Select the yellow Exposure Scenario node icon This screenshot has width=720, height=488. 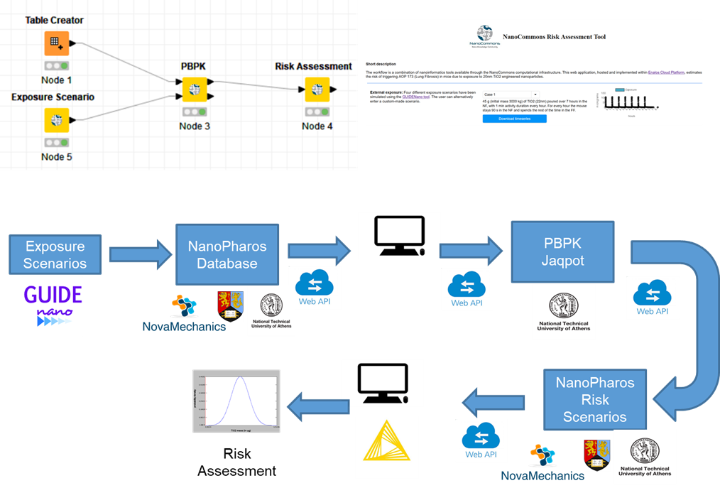point(56,120)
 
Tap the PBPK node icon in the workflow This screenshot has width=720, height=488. point(194,90)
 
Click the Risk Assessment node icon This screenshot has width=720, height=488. point(313,90)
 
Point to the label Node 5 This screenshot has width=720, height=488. point(56,156)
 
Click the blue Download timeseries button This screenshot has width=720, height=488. point(514,119)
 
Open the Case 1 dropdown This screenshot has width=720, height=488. point(511,94)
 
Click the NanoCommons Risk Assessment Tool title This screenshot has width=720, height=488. point(554,37)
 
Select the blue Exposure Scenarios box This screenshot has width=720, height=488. point(55,255)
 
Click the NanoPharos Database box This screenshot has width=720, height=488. point(227,255)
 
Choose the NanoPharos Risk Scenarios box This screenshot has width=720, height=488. point(594,400)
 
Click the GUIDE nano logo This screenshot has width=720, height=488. point(53,307)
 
